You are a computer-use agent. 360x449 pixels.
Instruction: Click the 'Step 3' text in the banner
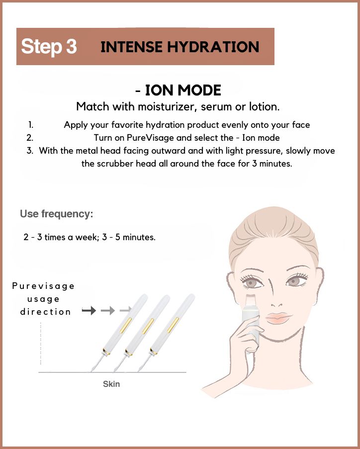[x=49, y=46]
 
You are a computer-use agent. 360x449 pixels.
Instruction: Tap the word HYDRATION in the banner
[x=213, y=47]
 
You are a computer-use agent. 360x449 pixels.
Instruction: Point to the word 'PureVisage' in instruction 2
[x=150, y=138]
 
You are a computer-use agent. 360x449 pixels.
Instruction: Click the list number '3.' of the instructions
[x=30, y=151]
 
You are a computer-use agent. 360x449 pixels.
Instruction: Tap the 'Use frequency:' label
[x=56, y=214]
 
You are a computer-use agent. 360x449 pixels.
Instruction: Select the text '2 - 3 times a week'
[x=61, y=237]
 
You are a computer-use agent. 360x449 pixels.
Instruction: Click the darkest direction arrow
[x=89, y=310]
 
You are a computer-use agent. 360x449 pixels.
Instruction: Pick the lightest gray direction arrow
[x=125, y=310]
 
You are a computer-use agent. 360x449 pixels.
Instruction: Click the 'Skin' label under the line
[x=111, y=384]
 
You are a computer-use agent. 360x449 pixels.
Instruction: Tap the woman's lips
[x=277, y=318]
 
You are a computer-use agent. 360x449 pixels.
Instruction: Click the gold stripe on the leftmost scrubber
[x=126, y=325]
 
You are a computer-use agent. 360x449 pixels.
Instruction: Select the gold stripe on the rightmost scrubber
[x=173, y=325]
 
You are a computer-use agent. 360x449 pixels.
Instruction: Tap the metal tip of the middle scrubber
[x=119, y=363]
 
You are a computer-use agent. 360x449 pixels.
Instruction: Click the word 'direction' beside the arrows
[x=46, y=312]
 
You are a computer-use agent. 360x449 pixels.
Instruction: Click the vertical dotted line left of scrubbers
[x=41, y=344]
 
